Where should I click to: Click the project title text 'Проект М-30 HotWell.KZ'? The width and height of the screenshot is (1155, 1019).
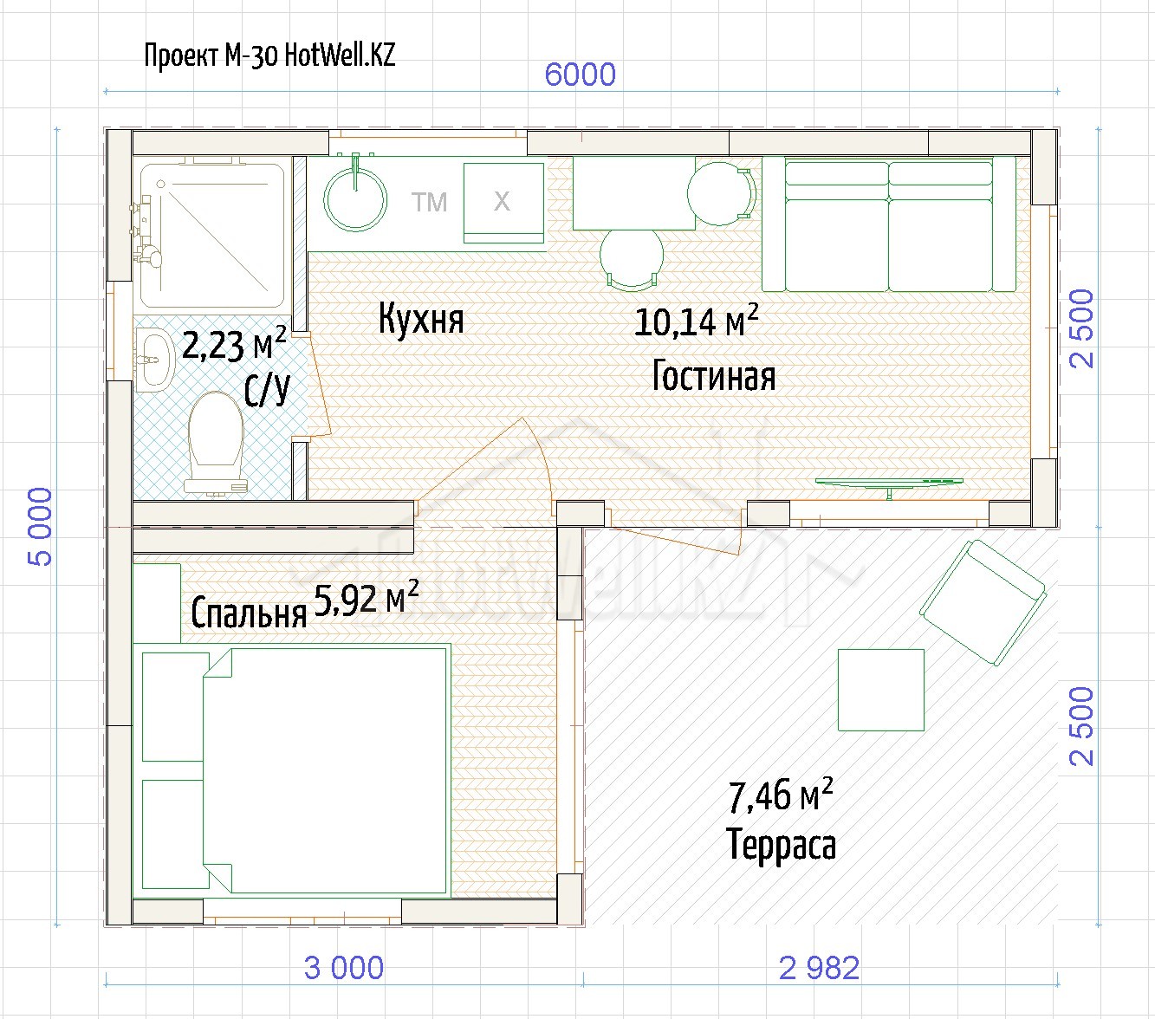[x=269, y=56]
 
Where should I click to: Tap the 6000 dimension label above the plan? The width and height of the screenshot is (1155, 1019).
[x=580, y=75]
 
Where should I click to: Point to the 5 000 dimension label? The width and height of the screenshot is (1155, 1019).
[x=40, y=526]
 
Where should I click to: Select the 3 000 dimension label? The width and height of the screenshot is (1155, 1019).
[x=344, y=968]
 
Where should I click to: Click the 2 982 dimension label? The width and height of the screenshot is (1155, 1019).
[x=819, y=968]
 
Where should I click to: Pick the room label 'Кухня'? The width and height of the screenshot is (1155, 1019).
[x=421, y=319]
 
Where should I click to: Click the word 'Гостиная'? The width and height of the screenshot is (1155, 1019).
[x=714, y=376]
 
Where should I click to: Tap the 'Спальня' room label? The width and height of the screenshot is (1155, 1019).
[x=249, y=613]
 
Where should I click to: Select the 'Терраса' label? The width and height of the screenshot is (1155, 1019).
[x=782, y=844]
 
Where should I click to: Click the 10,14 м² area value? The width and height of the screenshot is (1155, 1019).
[x=696, y=321]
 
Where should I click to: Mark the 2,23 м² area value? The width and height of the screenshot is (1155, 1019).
[x=234, y=343]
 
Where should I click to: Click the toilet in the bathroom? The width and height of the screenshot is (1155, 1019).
[x=216, y=443]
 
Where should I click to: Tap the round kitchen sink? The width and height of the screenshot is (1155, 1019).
[x=355, y=199]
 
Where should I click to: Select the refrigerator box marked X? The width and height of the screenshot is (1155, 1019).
[x=504, y=203]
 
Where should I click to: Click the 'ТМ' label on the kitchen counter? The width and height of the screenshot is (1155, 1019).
[x=429, y=203]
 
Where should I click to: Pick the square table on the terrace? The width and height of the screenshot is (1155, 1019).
[x=881, y=690]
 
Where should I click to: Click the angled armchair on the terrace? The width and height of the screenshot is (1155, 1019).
[x=983, y=603]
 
